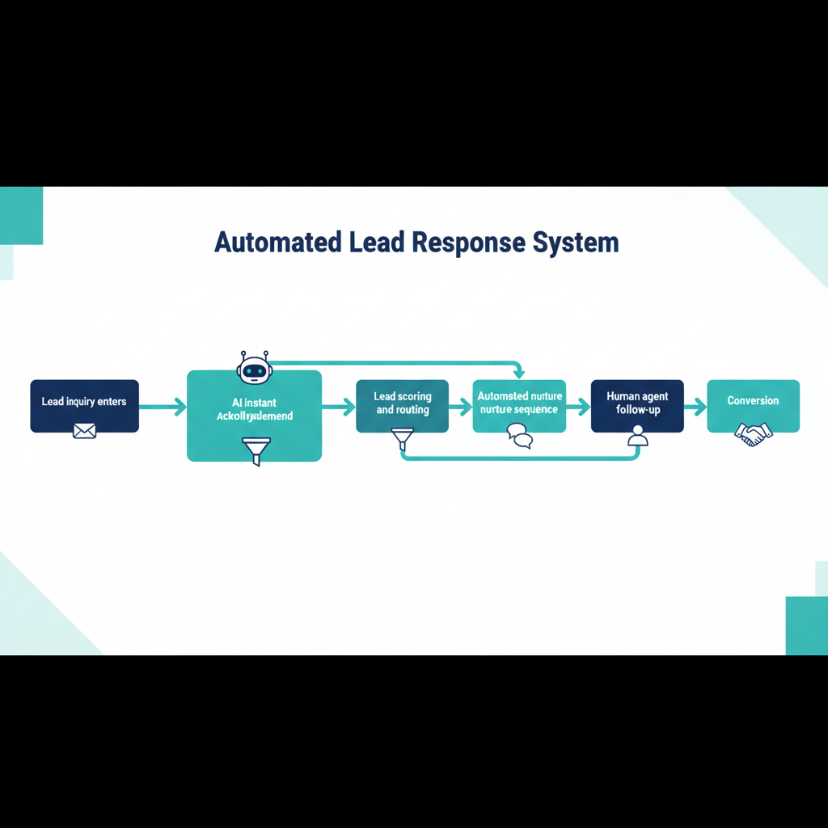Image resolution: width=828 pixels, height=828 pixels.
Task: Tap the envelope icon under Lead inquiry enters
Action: pos(84,431)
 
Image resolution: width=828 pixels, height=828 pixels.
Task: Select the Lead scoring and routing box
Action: pos(402,404)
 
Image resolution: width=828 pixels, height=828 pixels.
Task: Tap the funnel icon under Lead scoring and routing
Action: pos(402,439)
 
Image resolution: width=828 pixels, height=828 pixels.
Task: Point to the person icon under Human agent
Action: pos(638,437)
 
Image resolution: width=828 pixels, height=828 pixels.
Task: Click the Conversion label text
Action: pos(753,401)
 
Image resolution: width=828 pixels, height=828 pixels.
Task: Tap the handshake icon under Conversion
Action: pos(753,433)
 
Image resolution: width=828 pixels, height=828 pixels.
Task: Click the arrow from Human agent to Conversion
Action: pos(695,408)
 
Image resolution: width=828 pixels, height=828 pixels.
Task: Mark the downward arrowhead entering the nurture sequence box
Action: pos(519,373)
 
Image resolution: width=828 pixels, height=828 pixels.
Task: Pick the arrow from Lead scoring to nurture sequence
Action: pos(460,408)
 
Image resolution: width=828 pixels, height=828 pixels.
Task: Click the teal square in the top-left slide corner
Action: pos(21,215)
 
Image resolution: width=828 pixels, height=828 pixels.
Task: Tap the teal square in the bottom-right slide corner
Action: pos(806,625)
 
